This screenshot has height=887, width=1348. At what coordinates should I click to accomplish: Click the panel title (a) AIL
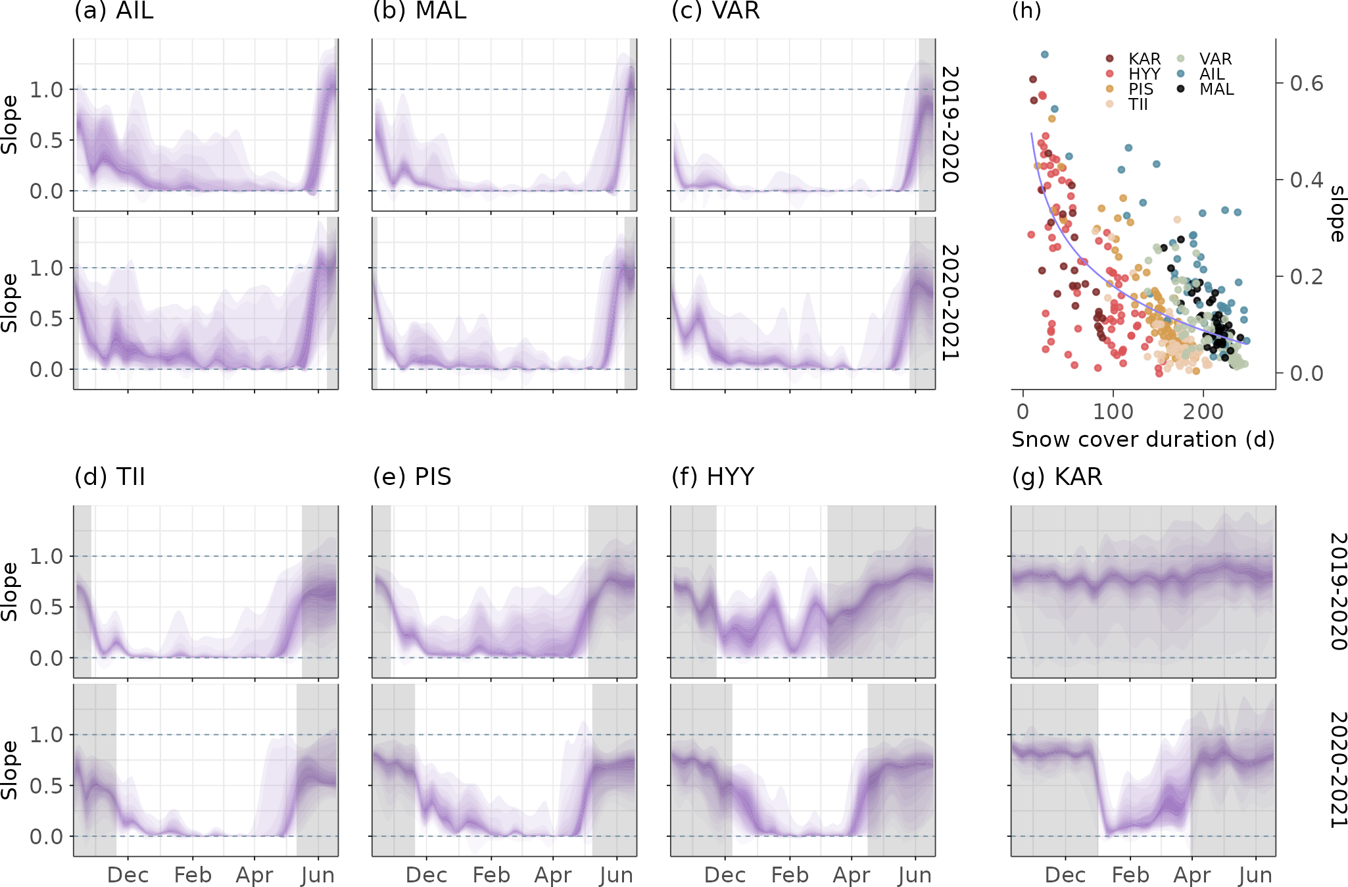[x=114, y=11]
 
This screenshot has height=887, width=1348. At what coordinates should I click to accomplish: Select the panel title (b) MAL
[x=420, y=11]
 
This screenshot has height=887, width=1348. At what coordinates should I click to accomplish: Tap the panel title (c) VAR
[x=715, y=11]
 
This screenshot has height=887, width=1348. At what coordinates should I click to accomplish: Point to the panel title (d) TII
[x=110, y=476]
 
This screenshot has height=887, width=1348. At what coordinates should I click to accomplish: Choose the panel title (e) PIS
[x=412, y=476]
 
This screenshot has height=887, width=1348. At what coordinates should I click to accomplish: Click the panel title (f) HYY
[x=713, y=476]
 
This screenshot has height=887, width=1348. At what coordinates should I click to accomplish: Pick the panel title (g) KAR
[x=1057, y=476]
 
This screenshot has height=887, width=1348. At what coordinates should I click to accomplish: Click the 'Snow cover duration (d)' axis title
[x=1143, y=440]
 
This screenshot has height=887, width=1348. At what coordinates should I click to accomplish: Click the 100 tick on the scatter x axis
[x=1113, y=412]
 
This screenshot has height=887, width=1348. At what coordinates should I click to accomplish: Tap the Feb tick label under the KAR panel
[x=1130, y=875]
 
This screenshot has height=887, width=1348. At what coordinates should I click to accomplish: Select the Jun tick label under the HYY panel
[x=915, y=875]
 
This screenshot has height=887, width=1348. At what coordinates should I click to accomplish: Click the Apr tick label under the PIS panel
[x=553, y=875]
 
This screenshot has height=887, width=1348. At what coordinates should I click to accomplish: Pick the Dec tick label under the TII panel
[x=128, y=875]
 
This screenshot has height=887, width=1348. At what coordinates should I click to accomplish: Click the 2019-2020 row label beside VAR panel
[x=950, y=124]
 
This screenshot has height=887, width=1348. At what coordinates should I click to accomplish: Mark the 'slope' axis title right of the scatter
[x=1337, y=214]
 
